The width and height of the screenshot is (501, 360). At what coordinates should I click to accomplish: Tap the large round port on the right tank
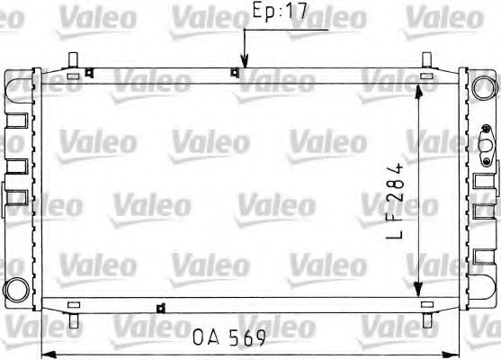pos(485,85)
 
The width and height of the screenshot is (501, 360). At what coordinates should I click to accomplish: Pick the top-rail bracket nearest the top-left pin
pos(88,74)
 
